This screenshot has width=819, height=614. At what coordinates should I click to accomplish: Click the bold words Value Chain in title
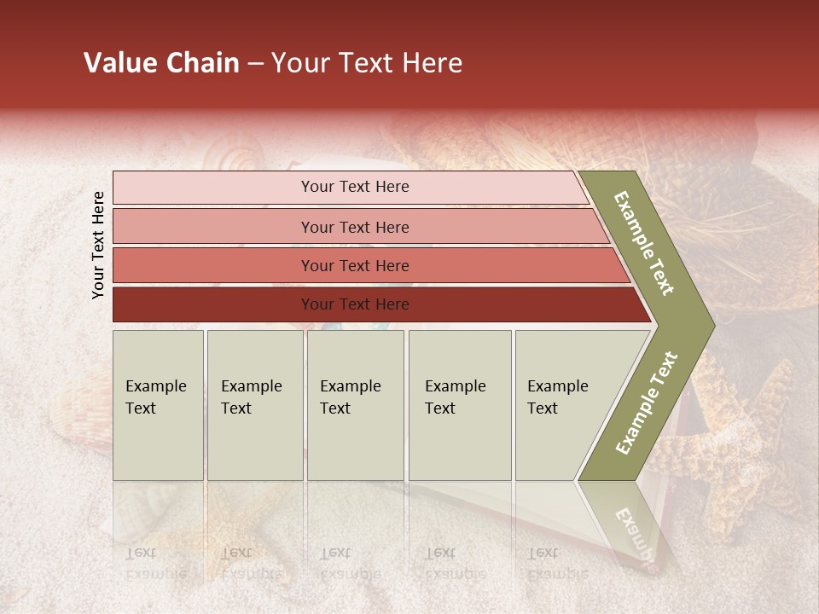pyautogui.click(x=161, y=63)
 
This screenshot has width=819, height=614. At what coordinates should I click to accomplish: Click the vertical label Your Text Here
pyautogui.click(x=98, y=245)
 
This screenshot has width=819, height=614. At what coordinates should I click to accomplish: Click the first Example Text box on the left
pyautogui.click(x=158, y=405)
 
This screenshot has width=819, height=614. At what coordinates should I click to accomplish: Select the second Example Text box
pyautogui.click(x=254, y=405)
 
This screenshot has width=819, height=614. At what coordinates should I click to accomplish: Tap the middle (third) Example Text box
pyautogui.click(x=355, y=405)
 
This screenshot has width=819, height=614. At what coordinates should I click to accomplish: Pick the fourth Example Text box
pyautogui.click(x=459, y=405)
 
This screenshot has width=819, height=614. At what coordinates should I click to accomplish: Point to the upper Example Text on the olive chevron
pyautogui.click(x=645, y=243)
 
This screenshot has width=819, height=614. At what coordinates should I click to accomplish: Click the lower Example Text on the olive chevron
pyautogui.click(x=646, y=403)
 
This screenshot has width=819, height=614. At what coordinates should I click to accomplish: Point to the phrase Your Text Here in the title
pyautogui.click(x=367, y=63)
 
